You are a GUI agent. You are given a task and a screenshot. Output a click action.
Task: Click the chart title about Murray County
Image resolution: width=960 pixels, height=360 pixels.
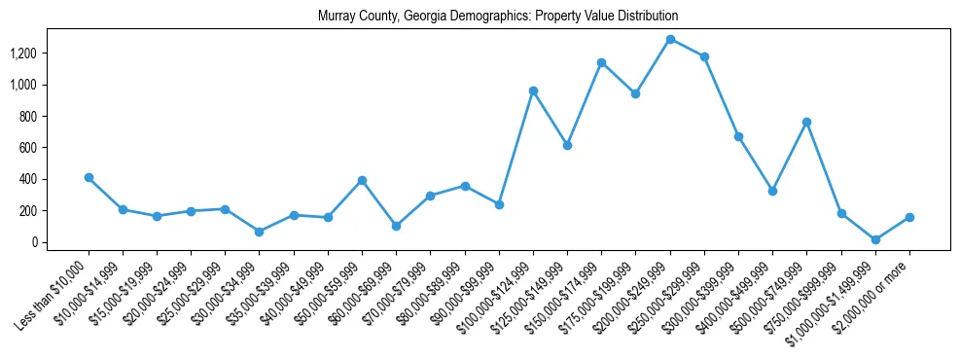[497, 17]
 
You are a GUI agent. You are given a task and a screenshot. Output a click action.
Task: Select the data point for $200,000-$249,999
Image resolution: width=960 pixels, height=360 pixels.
[670, 39]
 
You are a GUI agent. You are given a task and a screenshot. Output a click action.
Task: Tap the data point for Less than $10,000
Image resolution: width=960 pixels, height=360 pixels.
[89, 177]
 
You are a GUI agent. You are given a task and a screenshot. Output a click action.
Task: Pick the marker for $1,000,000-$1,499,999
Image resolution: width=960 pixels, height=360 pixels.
[875, 239]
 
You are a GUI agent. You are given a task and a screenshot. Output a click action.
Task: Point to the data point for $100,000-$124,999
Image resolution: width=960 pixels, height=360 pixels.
[533, 90]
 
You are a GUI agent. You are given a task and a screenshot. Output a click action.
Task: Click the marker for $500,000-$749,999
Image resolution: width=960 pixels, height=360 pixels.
[806, 122]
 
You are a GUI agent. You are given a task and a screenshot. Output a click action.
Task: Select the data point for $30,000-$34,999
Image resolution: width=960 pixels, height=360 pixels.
[260, 232]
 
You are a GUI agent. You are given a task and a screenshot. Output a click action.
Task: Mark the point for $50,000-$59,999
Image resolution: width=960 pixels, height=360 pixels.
[362, 180]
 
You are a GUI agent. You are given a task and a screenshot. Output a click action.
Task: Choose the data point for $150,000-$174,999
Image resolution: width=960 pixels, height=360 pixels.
[601, 62]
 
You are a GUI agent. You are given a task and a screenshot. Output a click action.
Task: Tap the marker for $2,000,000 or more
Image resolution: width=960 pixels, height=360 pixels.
[909, 217]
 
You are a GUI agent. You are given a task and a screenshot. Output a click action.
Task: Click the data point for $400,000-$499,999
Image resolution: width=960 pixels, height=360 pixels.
[772, 191]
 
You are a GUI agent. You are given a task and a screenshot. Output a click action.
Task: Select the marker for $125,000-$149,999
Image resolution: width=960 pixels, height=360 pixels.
[567, 145]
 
